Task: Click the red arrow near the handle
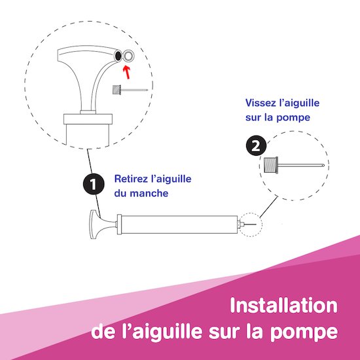pos(127,72)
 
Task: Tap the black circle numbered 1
pos(94,184)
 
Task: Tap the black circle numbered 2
pos(256,145)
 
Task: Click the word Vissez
pos(260,103)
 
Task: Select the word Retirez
pos(130,179)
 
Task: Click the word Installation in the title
pos(284,305)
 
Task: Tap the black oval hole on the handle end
pos(118,56)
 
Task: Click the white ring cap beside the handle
pos(128,56)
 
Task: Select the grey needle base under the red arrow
pos(117,90)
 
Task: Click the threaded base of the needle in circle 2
pos(271,164)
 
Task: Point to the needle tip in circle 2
pos(323,165)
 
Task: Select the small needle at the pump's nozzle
pos(250,225)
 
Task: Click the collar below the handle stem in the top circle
pos(88,119)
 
